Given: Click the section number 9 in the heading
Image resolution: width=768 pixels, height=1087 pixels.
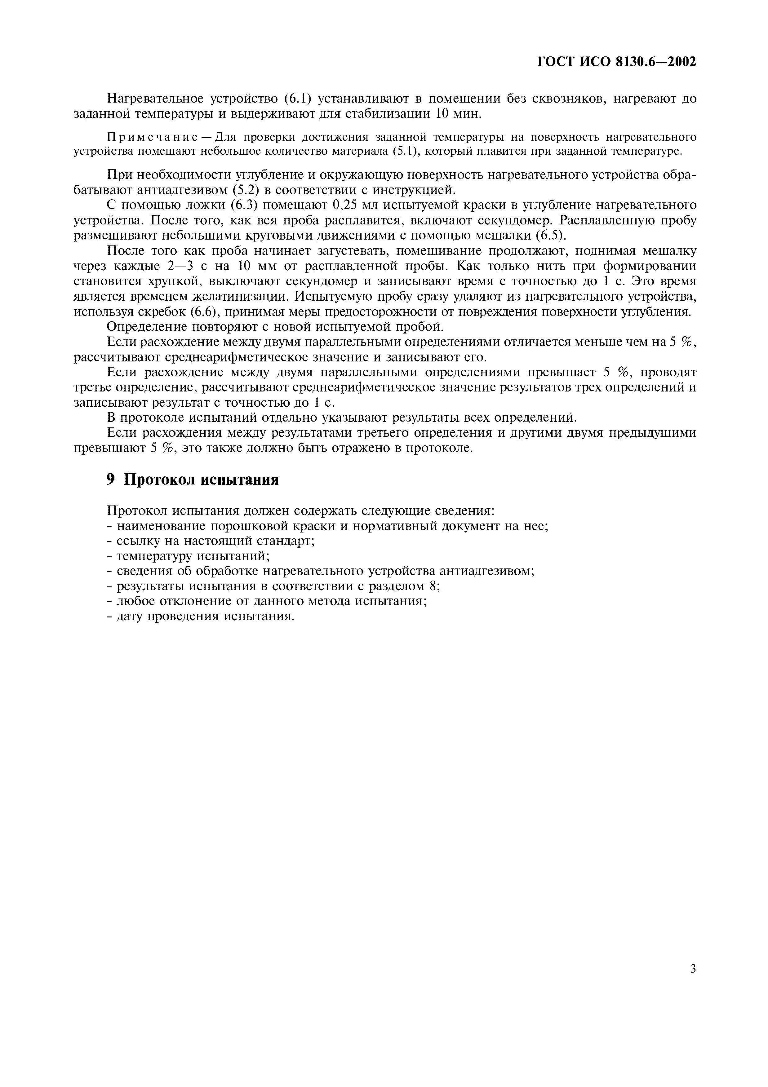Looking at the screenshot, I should click(x=111, y=479).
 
